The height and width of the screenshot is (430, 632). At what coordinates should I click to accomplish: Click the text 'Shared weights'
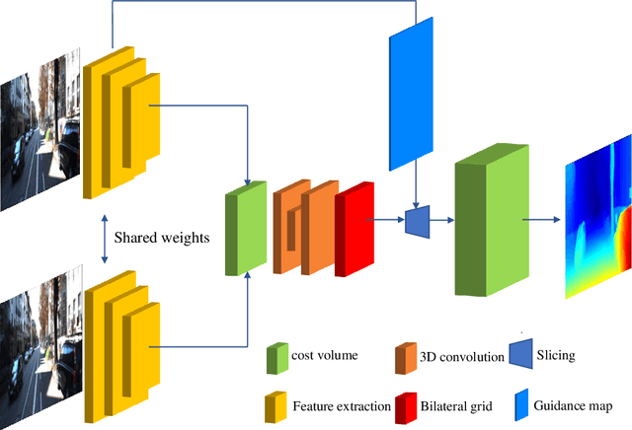(x=160, y=238)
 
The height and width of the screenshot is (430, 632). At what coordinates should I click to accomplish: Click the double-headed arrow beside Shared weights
(x=105, y=238)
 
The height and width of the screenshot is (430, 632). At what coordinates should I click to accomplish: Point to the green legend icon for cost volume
(x=277, y=359)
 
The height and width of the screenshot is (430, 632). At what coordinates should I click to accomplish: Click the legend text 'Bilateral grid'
(x=459, y=404)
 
